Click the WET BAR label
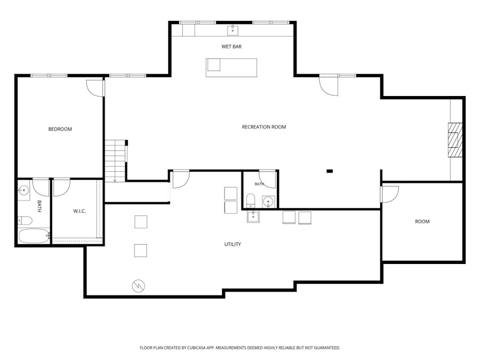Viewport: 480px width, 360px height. (x=231, y=46)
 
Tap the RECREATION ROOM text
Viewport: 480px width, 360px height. (x=264, y=127)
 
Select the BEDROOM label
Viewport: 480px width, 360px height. (x=60, y=129)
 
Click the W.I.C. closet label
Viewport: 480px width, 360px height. (x=79, y=211)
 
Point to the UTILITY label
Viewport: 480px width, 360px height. (x=233, y=244)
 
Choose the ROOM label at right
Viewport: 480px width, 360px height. (x=422, y=222)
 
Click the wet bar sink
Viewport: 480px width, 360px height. (x=233, y=30)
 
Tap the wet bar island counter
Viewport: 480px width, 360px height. (x=231, y=68)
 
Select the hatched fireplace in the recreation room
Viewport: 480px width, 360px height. (x=455, y=140)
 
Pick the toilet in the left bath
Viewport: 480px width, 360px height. (x=25, y=220)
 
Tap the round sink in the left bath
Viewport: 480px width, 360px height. (x=23, y=191)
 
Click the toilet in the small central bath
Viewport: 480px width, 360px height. (x=251, y=201)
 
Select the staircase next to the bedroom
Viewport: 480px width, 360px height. (x=115, y=161)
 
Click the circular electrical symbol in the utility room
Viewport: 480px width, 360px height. (x=138, y=286)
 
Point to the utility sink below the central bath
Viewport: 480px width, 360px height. (x=253, y=217)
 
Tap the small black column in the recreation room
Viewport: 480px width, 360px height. (x=330, y=171)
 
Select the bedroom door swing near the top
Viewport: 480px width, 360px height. (x=95, y=89)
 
